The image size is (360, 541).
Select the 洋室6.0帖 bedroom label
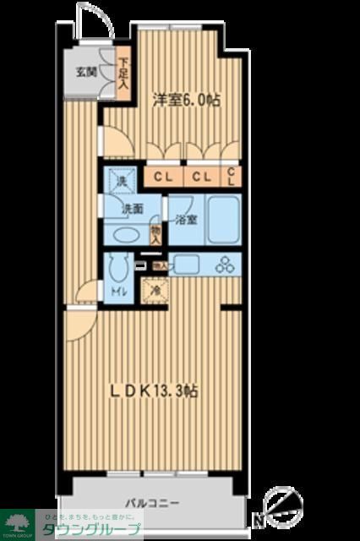[186, 100]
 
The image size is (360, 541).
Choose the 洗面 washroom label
[131, 209]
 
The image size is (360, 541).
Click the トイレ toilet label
[120, 292]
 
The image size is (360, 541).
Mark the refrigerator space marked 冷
[155, 290]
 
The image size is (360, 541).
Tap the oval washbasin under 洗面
[124, 234]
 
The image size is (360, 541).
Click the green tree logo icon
[17, 521]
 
